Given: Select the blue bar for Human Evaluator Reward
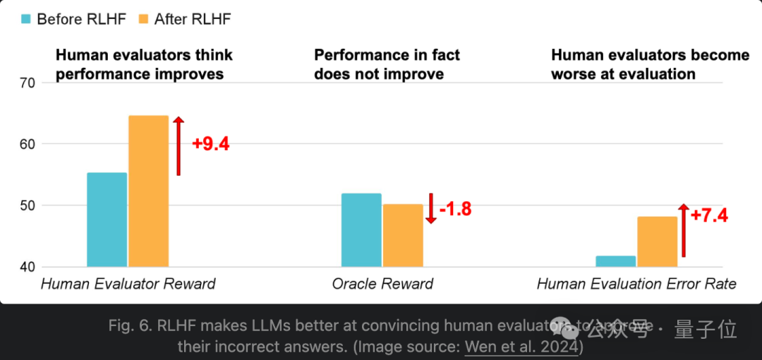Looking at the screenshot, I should coord(107,220).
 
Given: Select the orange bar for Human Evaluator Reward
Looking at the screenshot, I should coord(148,191).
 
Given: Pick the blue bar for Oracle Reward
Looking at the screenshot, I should coord(361,230).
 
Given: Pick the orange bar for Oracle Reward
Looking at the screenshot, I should coord(403,236).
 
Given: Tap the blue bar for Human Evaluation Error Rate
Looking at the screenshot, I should coord(615,261).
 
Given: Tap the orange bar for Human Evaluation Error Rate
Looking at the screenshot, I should coord(657,242).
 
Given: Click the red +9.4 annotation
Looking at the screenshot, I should coord(210,144).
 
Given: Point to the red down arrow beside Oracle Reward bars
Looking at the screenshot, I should coord(431,209).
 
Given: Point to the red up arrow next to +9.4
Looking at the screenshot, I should coord(179,145).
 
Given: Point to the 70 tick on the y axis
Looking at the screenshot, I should coord(27,83).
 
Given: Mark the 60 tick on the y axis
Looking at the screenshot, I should coord(27,144).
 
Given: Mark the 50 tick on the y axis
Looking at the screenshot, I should coord(27,205).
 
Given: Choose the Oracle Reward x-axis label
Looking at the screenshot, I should coord(382,284).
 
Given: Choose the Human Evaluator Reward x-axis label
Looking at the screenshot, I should coord(128,284).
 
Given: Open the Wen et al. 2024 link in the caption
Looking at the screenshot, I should coord(521,347).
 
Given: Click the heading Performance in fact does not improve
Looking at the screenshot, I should coord(387,64).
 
